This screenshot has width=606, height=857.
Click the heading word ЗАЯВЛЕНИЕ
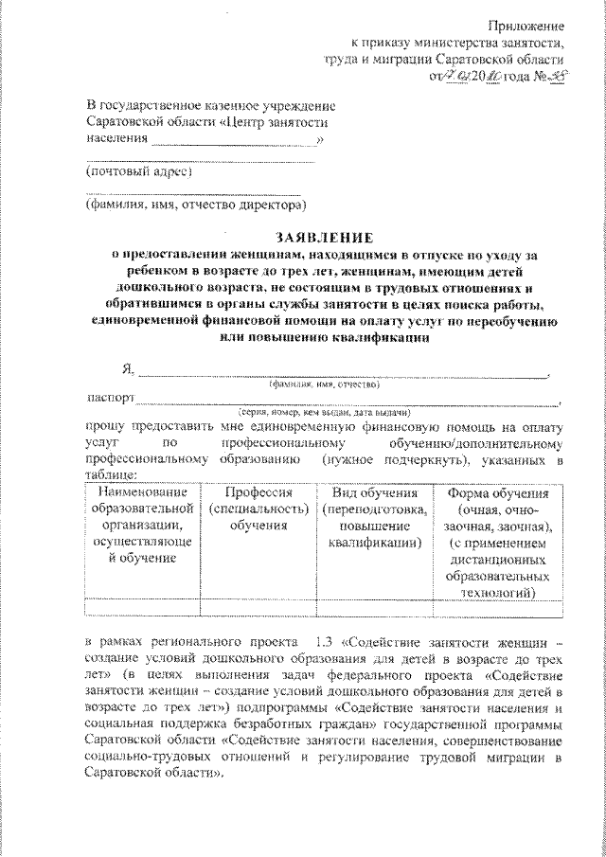click(324, 237)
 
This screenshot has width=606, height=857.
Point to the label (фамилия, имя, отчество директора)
click(194, 204)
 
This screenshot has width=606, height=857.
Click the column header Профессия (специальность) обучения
click(258, 509)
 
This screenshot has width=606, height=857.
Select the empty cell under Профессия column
click(258, 609)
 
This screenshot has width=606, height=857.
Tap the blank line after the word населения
click(235, 141)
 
